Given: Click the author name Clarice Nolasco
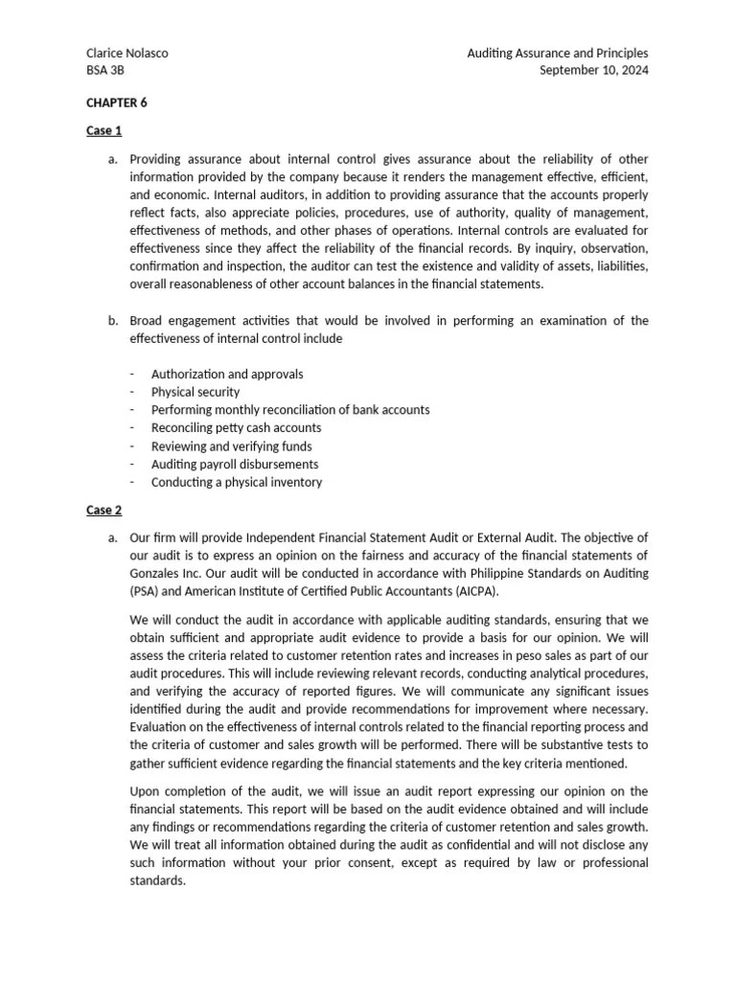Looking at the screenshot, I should tap(127, 54).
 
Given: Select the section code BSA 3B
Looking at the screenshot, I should tap(104, 71).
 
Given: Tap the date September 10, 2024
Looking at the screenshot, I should tap(594, 71).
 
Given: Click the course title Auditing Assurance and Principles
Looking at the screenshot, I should tap(557, 54).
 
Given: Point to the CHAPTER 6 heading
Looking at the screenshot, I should tap(117, 103).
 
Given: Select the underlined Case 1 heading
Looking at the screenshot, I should tap(103, 130).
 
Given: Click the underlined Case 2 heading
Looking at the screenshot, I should tap(103, 510).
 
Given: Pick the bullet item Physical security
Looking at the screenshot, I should tap(195, 392).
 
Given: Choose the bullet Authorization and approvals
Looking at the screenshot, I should tap(227, 374).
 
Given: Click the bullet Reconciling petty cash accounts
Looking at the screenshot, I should tap(236, 428).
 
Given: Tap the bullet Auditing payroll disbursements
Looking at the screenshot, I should tap(235, 465).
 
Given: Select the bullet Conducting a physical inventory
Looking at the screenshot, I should tap(237, 483).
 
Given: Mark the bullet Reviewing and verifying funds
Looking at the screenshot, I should tap(231, 446).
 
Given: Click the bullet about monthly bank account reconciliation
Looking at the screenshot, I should tap(290, 410).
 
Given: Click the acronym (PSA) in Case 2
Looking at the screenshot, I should tap(144, 591).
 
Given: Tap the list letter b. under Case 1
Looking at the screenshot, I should tap(114, 320).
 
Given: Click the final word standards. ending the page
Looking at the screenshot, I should tap(157, 881).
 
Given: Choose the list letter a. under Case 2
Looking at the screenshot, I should tap(114, 537).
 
